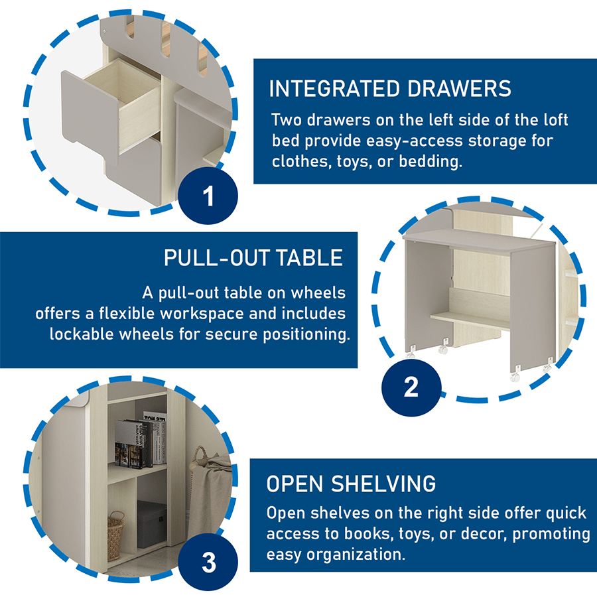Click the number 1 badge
[208, 196]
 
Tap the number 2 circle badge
[411, 387]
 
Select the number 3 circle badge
[208, 563]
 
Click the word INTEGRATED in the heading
[334, 89]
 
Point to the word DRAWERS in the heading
[459, 89]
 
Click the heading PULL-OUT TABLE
[253, 258]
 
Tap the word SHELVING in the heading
[383, 484]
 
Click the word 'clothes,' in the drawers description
[301, 161]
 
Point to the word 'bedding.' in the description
[431, 161]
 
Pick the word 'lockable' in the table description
[82, 334]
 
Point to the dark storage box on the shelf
[151, 524]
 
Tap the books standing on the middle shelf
[141, 439]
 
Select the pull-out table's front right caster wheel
[515, 375]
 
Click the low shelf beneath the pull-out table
[470, 322]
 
